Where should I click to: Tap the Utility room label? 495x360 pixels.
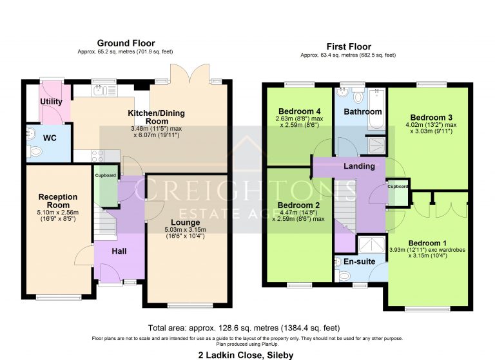tap(51, 102)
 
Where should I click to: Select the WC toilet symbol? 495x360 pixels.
tap(35, 152)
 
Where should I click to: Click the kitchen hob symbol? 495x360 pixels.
tap(97, 155)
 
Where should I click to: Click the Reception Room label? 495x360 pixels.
tap(58, 201)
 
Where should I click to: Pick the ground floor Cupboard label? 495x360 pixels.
tap(106, 175)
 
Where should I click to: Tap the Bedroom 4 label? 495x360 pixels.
tap(298, 111)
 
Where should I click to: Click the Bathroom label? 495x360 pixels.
tap(362, 111)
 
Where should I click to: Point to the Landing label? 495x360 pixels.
tap(359, 166)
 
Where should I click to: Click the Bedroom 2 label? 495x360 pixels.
tap(298, 206)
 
